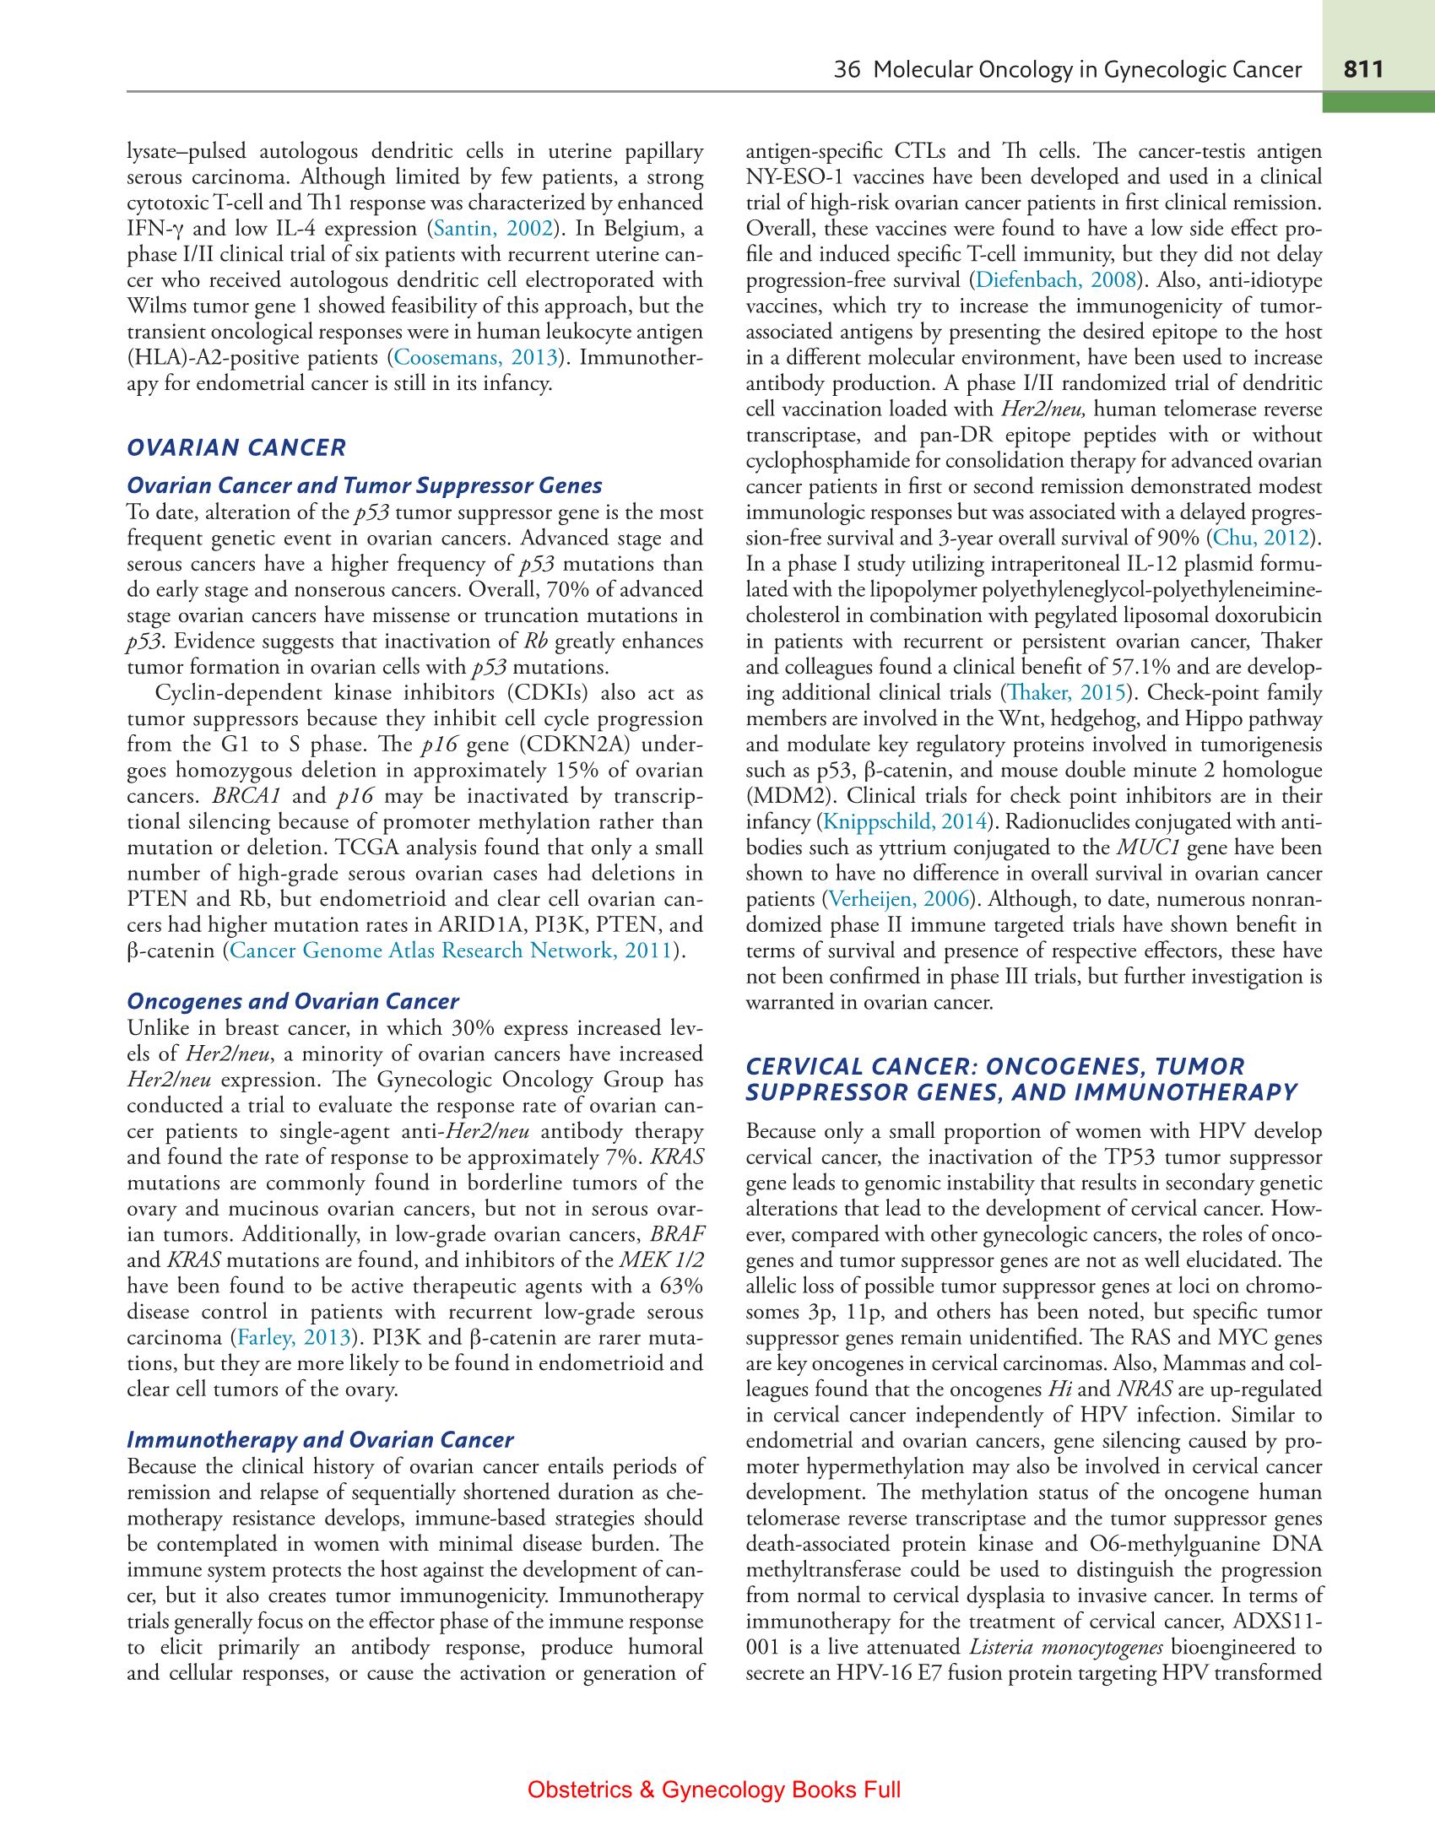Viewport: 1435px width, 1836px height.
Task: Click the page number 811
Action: pyautogui.click(x=1364, y=69)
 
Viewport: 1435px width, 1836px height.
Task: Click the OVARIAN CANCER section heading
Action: pyautogui.click(x=236, y=447)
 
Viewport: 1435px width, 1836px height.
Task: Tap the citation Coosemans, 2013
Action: pyautogui.click(x=476, y=358)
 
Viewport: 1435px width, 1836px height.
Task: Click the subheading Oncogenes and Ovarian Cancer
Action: pyautogui.click(x=292, y=1002)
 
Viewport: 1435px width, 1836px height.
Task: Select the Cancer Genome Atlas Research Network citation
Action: pyautogui.click(x=452, y=950)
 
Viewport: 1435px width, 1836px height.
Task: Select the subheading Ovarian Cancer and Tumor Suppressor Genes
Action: pyautogui.click(x=364, y=485)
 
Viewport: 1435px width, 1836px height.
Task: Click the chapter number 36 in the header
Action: pyautogui.click(x=846, y=70)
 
